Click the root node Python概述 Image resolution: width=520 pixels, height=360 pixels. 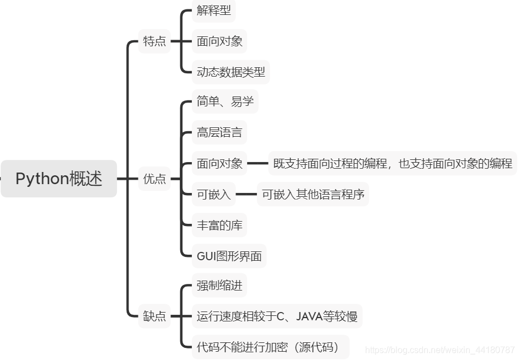(58, 179)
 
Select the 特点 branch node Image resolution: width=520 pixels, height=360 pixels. (154, 41)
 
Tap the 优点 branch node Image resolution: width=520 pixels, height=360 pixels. (154, 179)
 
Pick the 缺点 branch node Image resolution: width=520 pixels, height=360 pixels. (154, 316)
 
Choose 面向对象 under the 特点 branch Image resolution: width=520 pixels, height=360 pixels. (219, 41)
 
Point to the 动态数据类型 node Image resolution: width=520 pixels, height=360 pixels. (230, 72)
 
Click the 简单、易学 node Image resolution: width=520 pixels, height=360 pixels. (225, 101)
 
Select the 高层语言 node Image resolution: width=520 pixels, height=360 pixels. (219, 132)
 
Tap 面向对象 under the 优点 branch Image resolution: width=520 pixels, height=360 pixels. (219, 163)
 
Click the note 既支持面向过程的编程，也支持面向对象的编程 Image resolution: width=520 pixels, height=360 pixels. (393, 163)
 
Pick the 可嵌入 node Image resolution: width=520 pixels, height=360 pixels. (214, 194)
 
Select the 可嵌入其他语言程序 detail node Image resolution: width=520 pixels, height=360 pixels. (313, 194)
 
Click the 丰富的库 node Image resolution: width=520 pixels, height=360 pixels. (219, 225)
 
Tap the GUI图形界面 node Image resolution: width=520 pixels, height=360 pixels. (229, 256)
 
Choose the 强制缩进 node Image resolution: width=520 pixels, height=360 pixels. (219, 286)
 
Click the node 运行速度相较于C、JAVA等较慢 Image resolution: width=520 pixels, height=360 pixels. (277, 316)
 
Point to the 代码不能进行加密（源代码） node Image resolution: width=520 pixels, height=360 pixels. (270, 347)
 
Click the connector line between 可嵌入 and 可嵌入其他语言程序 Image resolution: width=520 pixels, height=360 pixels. (246, 194)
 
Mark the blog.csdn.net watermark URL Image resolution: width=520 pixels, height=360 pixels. (440, 350)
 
